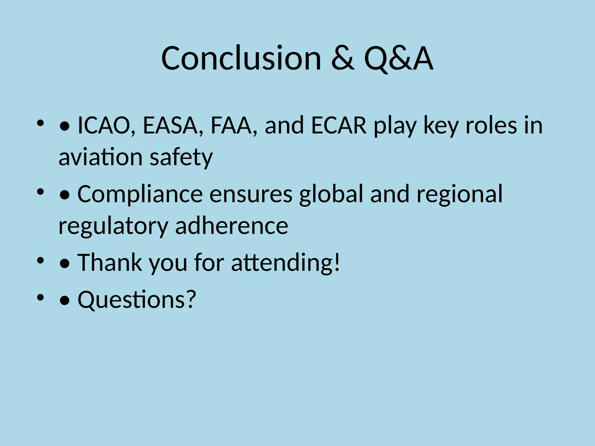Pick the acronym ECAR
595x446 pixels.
(x=339, y=125)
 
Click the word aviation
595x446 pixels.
(x=101, y=157)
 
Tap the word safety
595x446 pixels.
(x=181, y=157)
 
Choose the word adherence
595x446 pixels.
(x=232, y=226)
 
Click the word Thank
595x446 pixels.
(x=110, y=262)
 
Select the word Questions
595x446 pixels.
(x=131, y=299)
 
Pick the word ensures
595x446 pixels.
(x=251, y=194)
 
